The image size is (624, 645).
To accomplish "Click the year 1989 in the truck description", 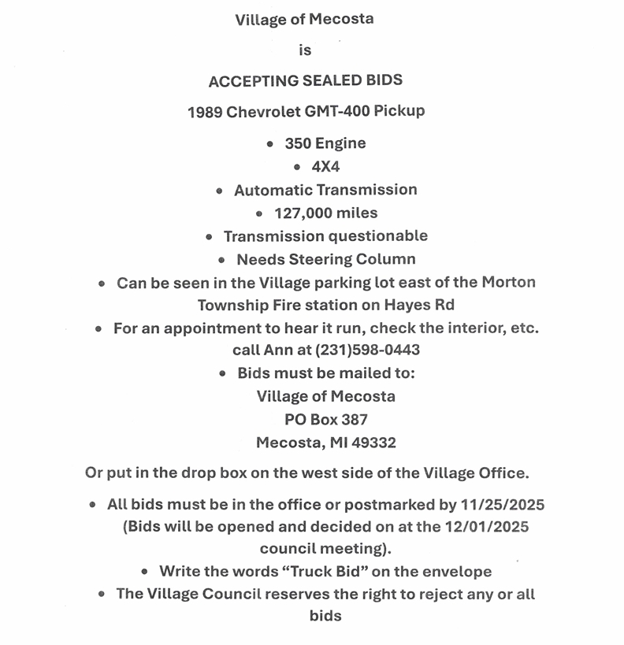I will pos(204,111).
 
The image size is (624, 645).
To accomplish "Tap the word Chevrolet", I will pos(259,111).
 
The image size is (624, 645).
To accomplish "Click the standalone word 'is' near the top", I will pos(305,50).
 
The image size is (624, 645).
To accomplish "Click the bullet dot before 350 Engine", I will pos(270,144).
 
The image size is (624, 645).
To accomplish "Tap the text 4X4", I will pos(325,167).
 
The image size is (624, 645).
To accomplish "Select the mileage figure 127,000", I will pos(304,213).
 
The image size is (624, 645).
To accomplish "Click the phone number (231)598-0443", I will pos(368,350).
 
